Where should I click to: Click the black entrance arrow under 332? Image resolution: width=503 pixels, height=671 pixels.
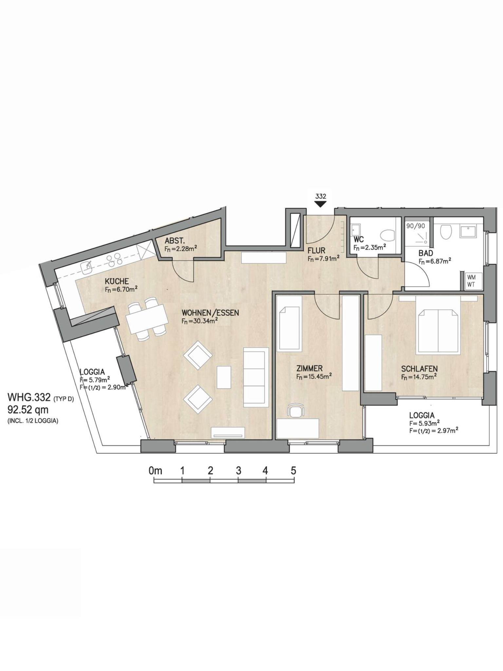click(x=321, y=204)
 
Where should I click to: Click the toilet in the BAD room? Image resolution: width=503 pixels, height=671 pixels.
click(x=446, y=232)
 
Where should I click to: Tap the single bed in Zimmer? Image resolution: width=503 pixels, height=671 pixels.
click(x=289, y=328)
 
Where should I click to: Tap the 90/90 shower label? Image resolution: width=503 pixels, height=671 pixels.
click(x=416, y=226)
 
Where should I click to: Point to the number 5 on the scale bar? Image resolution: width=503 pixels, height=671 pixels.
click(x=293, y=471)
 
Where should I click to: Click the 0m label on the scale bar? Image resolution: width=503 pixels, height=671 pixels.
click(x=155, y=471)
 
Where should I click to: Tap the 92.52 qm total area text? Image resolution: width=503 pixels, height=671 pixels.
click(x=28, y=410)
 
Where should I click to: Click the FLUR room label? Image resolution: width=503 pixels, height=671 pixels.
click(x=316, y=251)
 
